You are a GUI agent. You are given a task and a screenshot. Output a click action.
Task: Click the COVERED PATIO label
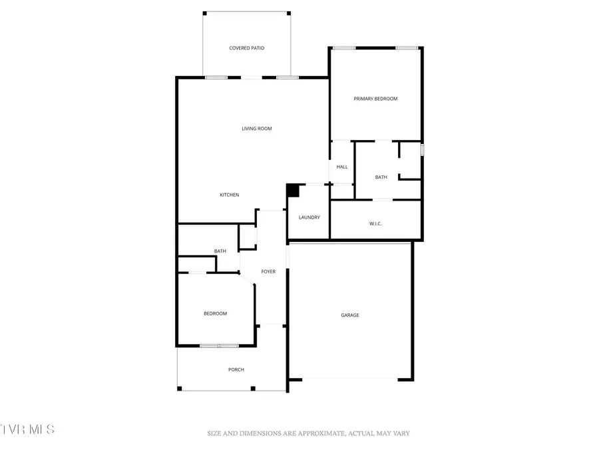247,49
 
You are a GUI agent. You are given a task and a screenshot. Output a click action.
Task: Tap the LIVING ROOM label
256,129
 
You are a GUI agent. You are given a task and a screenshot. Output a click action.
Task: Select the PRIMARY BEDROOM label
375,99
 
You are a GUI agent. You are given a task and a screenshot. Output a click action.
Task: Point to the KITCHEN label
230,195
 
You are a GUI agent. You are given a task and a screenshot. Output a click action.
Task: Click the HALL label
342,167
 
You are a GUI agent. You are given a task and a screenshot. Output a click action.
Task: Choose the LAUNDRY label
309,217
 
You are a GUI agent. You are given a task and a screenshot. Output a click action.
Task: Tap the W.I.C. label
375,223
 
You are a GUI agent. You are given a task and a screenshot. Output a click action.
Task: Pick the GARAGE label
350,315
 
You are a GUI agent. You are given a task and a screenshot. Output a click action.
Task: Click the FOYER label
268,271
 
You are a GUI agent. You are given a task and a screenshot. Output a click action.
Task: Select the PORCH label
236,370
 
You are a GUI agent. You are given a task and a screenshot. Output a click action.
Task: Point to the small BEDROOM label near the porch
215,313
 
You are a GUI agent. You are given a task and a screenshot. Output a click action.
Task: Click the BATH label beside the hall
381,177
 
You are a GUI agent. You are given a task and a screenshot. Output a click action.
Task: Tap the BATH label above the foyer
220,251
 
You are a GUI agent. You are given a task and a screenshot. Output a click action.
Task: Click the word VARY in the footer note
400,433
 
